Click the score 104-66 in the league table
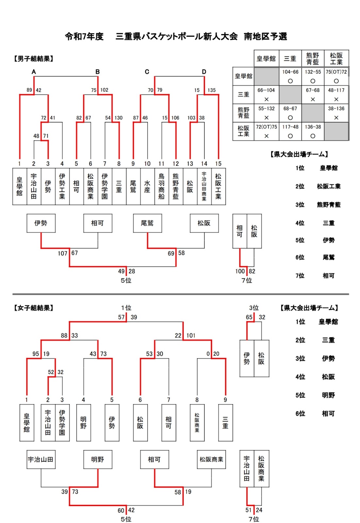coord(290,72)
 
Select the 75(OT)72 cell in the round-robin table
coord(336,72)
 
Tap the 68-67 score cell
coord(290,109)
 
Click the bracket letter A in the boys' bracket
coord(34,72)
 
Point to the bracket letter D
coord(204,72)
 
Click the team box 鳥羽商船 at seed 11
coord(161,187)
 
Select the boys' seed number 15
coord(218,164)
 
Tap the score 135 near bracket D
coord(211,90)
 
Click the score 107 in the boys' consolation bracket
coord(62,253)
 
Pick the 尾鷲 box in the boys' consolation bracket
coord(147,223)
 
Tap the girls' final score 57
coord(121,317)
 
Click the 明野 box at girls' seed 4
coord(83,423)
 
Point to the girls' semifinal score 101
coord(191,336)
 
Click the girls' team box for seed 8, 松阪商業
coord(197,423)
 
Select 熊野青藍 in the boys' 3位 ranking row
coord(328,205)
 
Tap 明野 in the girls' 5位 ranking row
coord(328,395)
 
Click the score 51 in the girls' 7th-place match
coord(249,510)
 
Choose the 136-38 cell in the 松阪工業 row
coord(313,127)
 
